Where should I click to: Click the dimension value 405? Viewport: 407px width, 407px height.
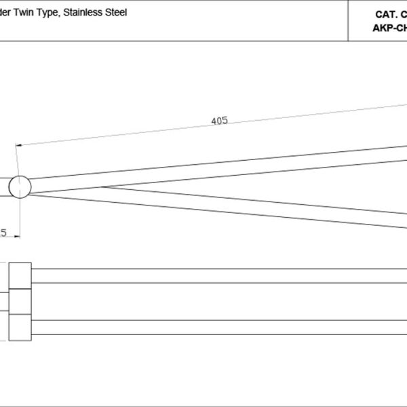(x=219, y=121)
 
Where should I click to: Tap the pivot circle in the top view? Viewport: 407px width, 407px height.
(x=20, y=187)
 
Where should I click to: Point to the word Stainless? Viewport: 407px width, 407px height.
(x=85, y=13)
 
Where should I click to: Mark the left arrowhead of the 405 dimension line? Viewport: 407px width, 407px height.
(x=20, y=144)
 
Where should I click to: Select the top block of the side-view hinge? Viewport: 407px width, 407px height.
(x=20, y=277)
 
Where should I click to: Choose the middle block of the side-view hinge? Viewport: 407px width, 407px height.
(x=20, y=303)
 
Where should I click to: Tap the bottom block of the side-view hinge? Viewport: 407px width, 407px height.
(x=20, y=327)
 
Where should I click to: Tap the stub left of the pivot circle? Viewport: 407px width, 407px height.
(x=5, y=187)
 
